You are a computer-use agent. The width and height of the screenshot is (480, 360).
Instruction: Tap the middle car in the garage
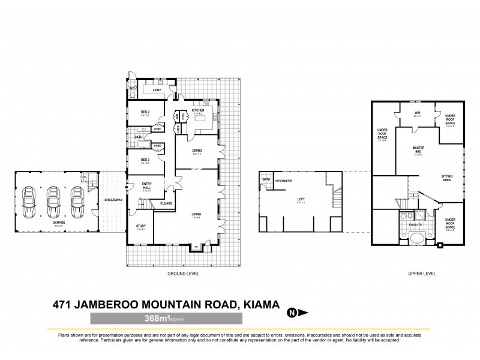click(53, 203)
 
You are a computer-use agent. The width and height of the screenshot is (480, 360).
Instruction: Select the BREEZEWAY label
click(113, 199)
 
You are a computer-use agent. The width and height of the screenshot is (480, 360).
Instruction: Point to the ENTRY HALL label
click(146, 185)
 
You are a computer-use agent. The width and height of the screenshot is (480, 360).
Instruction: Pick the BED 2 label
click(145, 112)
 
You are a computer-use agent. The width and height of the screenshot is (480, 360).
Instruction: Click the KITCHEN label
click(198, 111)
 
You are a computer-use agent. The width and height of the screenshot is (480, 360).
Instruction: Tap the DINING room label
click(197, 151)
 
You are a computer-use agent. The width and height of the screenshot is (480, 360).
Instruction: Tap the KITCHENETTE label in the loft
click(284, 180)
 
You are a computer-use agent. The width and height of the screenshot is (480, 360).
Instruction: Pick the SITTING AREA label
click(447, 178)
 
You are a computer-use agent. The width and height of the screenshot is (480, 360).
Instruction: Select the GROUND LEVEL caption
click(184, 273)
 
